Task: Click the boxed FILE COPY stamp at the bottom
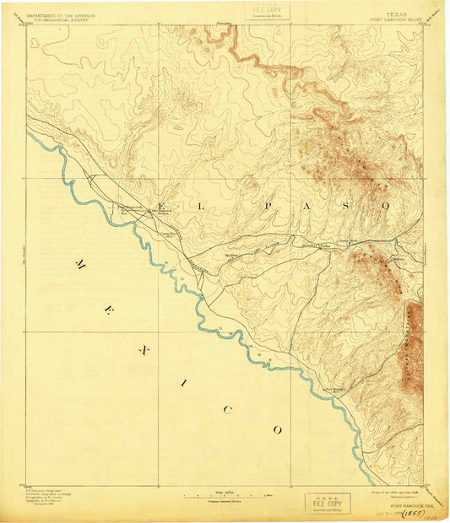click(326, 502)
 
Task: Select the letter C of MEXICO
click(225, 409)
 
